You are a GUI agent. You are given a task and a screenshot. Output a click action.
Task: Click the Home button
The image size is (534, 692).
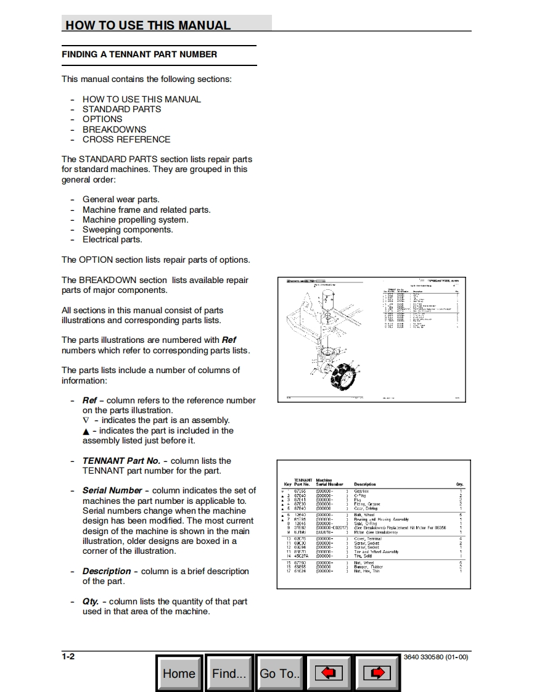click(x=179, y=673)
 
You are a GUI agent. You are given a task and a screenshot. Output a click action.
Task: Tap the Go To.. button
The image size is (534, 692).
click(x=279, y=673)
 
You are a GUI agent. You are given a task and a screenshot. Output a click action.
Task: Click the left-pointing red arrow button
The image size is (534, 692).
click(x=329, y=673)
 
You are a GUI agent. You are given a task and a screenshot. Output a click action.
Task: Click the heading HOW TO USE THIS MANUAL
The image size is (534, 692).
click(x=148, y=25)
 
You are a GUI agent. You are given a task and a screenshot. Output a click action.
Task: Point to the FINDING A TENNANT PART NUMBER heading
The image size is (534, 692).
click(x=139, y=54)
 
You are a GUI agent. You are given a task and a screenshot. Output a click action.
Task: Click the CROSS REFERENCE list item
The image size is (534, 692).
click(x=126, y=139)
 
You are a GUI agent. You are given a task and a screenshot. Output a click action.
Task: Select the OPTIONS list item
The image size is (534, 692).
click(x=102, y=119)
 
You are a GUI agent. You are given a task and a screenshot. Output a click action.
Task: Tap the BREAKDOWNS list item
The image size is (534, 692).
click(x=114, y=130)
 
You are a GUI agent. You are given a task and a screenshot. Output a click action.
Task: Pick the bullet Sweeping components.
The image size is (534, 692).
click(x=128, y=229)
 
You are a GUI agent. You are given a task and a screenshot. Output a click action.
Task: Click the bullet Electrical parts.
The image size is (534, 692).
click(x=112, y=239)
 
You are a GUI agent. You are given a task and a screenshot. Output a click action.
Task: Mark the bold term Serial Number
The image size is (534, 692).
click(x=112, y=490)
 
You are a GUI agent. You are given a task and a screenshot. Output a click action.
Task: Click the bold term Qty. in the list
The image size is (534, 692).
click(x=91, y=601)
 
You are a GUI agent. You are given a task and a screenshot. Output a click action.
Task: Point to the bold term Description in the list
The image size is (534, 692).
click(x=107, y=571)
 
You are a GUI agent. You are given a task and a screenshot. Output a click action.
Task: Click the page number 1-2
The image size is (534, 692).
click(x=68, y=656)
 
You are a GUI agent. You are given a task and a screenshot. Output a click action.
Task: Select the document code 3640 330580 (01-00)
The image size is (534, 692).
click(x=435, y=657)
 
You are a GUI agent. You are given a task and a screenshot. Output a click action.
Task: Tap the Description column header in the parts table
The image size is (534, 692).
click(x=365, y=484)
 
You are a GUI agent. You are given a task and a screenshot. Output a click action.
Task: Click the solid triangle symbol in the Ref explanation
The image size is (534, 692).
click(x=86, y=431)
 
